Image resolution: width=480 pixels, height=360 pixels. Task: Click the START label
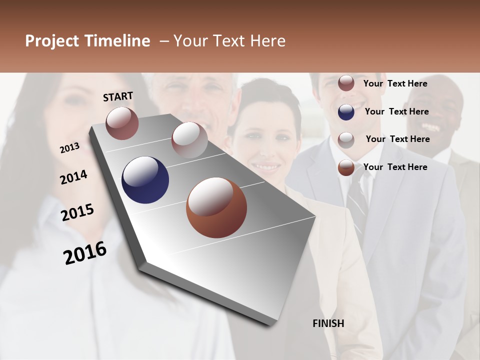[x=118, y=96]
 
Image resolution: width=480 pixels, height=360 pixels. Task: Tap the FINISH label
[x=328, y=323]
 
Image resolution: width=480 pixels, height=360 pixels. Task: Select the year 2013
[x=69, y=148]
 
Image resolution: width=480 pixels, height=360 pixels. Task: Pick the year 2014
[x=73, y=177]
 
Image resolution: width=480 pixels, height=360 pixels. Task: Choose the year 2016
[x=85, y=252]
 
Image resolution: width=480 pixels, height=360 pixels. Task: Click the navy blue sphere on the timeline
[x=145, y=180]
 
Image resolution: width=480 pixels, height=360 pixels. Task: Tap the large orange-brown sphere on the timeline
[x=216, y=207]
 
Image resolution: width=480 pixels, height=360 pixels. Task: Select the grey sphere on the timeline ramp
[x=189, y=139]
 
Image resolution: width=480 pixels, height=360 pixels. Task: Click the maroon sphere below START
[x=122, y=123]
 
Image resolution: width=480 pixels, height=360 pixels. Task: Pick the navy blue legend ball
[x=346, y=112]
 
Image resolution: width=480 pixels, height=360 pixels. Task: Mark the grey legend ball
[x=346, y=140]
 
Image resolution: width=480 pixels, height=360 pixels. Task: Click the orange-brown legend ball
[x=346, y=167]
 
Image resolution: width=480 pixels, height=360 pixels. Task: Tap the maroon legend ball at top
[x=346, y=83]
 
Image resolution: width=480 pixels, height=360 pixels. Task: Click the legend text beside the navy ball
[x=396, y=111]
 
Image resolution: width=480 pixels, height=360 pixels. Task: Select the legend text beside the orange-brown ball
[x=395, y=167]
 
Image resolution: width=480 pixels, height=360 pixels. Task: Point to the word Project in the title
[x=52, y=41]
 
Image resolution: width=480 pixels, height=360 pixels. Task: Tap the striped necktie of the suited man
[x=358, y=200]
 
